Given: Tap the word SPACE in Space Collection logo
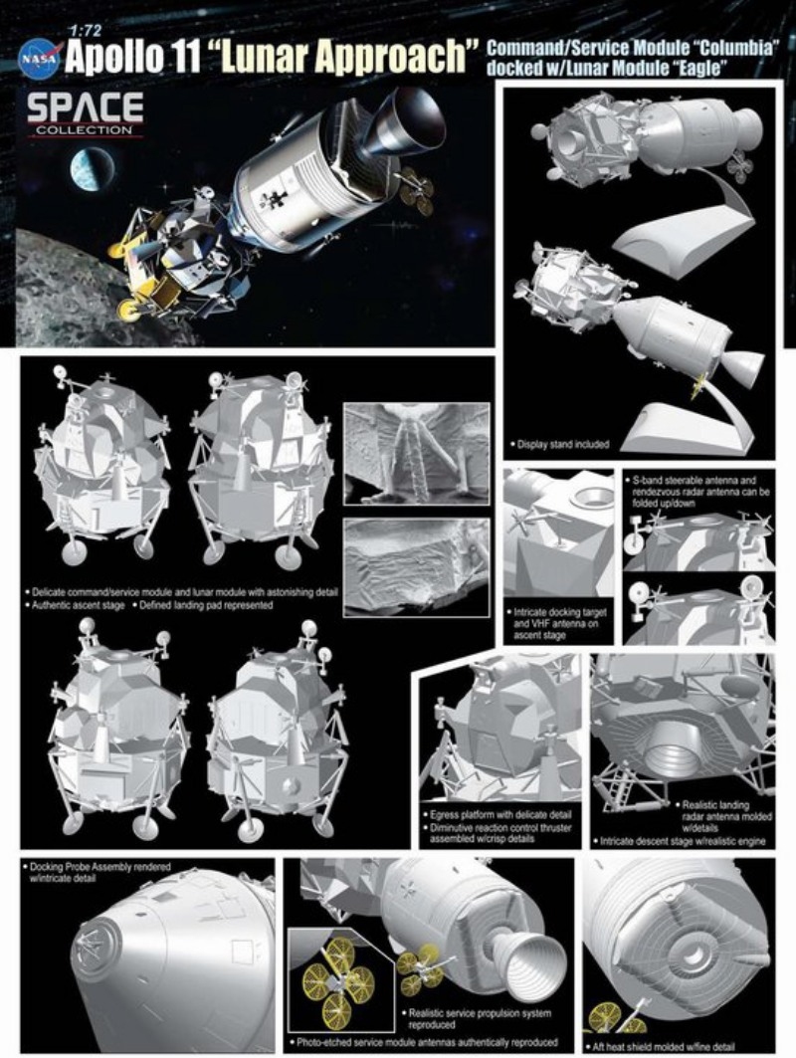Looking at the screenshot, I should [85, 106].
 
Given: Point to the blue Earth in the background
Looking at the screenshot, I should [92, 169].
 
